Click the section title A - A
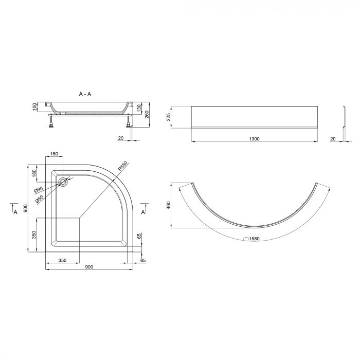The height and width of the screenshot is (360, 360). [x=85, y=94]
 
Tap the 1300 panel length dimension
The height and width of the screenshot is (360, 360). [x=254, y=139]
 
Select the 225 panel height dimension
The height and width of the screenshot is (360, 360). [x=169, y=117]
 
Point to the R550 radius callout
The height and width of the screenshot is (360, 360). [x=122, y=166]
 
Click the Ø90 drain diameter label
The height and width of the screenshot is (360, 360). [x=39, y=190]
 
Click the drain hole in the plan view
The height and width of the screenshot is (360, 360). [x=63, y=182]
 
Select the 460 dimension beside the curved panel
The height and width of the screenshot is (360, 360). [x=169, y=205]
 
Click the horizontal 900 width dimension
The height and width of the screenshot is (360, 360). [x=89, y=267]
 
